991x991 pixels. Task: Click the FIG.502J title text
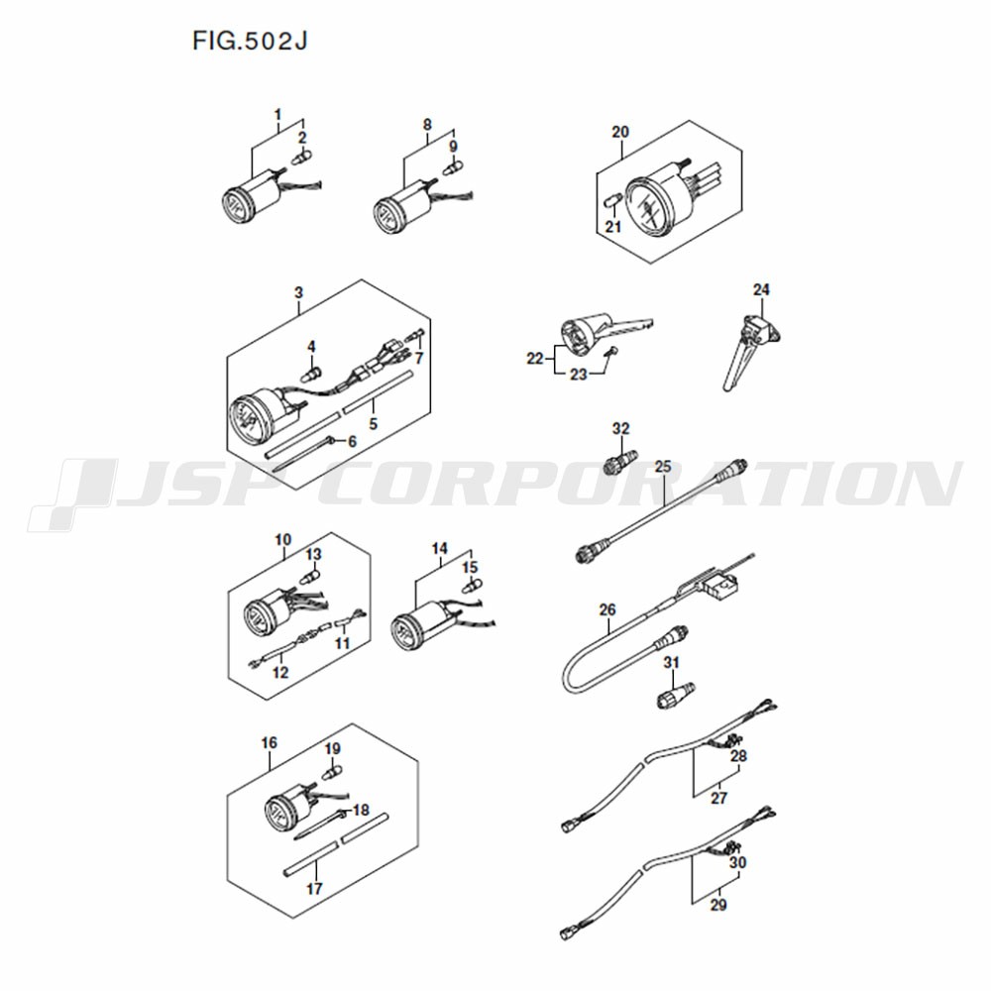[251, 42]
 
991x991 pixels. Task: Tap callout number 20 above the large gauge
[620, 132]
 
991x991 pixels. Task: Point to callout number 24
[761, 289]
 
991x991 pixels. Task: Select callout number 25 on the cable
[663, 467]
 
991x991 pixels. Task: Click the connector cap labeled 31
[674, 696]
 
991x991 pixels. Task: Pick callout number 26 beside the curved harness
[607, 609]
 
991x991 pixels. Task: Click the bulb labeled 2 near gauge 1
[301, 157]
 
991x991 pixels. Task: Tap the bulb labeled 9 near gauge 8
[453, 166]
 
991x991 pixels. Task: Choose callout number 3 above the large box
[298, 292]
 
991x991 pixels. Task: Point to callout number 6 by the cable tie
[352, 441]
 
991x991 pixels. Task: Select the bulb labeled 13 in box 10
[310, 577]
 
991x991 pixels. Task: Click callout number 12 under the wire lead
[280, 673]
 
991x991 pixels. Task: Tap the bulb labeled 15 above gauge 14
[471, 587]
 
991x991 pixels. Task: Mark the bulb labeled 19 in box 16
[332, 772]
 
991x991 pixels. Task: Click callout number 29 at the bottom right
[718, 905]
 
